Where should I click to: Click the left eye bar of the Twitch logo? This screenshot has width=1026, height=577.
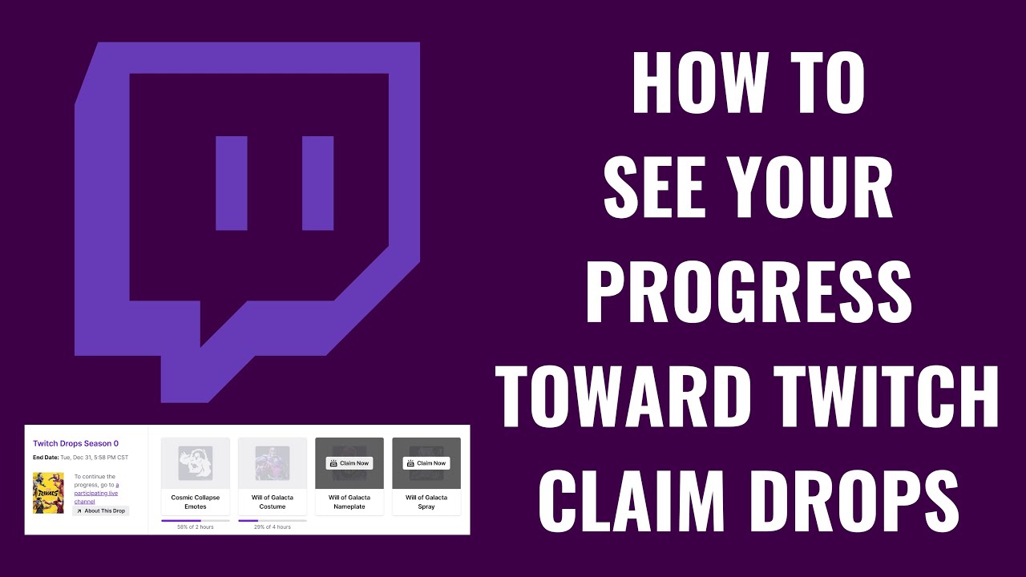click(x=232, y=184)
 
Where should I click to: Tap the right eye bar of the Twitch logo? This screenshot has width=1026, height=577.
click(x=317, y=184)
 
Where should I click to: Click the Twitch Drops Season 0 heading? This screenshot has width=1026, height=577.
click(x=75, y=443)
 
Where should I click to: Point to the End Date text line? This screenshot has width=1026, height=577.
click(x=80, y=457)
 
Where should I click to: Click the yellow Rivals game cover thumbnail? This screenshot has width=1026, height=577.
click(x=48, y=493)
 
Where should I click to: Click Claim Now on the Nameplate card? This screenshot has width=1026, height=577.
click(x=349, y=463)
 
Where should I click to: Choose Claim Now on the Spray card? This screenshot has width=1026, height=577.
click(x=426, y=463)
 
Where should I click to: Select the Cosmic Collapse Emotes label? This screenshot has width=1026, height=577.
click(x=196, y=502)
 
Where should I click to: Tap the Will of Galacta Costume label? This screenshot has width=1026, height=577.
click(x=273, y=502)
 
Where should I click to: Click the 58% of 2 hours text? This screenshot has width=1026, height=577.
click(x=196, y=527)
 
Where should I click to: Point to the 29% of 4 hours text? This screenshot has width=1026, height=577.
click(x=273, y=527)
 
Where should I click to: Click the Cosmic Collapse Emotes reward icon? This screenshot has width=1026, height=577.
click(x=196, y=463)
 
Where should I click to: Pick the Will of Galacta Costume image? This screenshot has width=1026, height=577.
click(x=273, y=463)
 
